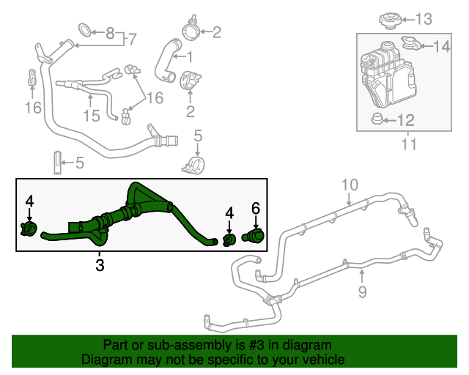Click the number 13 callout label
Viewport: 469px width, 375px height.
click(424, 18)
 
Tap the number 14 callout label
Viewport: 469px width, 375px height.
click(441, 47)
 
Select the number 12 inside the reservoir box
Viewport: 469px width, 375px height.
click(405, 119)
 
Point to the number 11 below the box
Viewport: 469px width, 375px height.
click(409, 144)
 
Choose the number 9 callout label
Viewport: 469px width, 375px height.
click(361, 292)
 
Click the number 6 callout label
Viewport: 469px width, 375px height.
click(256, 209)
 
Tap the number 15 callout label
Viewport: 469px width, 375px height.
click(90, 115)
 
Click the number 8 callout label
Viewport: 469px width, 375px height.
click(110, 32)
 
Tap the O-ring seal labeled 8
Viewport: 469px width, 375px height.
click(85, 31)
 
